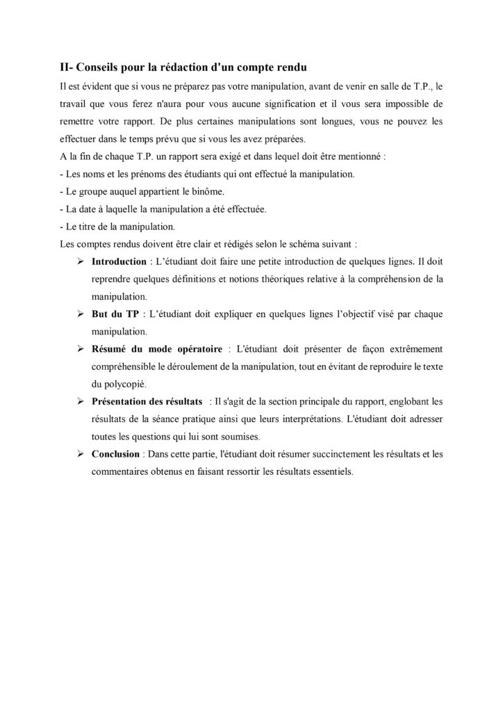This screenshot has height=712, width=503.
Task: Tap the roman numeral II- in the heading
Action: pos(68,67)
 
